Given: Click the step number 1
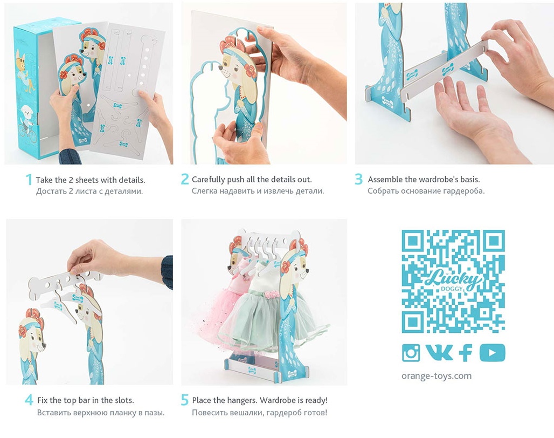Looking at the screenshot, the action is (x=29, y=180).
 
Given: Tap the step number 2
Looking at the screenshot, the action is (x=185, y=179).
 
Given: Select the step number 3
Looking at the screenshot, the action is (x=358, y=179).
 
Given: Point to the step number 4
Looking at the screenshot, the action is (x=29, y=400).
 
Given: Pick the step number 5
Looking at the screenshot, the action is (x=185, y=400).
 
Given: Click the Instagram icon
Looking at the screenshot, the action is (x=411, y=352).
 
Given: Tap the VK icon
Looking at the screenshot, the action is (x=439, y=352).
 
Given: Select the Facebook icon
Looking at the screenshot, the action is (x=466, y=352).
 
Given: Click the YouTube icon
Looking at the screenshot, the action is (x=492, y=352).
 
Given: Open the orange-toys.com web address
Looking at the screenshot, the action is (x=437, y=376).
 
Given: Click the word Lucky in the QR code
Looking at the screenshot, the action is (x=453, y=278).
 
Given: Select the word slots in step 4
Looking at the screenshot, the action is (x=124, y=401).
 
